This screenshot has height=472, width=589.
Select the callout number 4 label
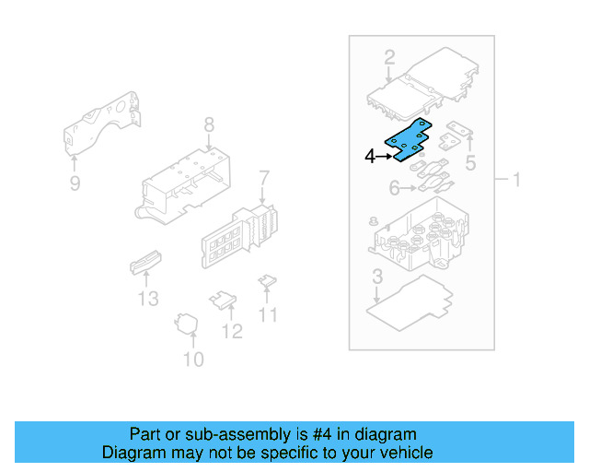click(x=370, y=157)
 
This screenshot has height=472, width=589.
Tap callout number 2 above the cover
click(x=389, y=56)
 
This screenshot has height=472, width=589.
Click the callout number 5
click(x=470, y=164)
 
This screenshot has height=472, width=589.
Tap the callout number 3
click(x=377, y=277)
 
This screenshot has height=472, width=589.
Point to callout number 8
click(x=209, y=124)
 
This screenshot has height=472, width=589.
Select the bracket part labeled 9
click(x=101, y=124)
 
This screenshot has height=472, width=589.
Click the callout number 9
click(x=75, y=183)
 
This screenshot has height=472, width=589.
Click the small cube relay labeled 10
click(x=190, y=323)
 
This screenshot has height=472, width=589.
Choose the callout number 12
click(x=233, y=330)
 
